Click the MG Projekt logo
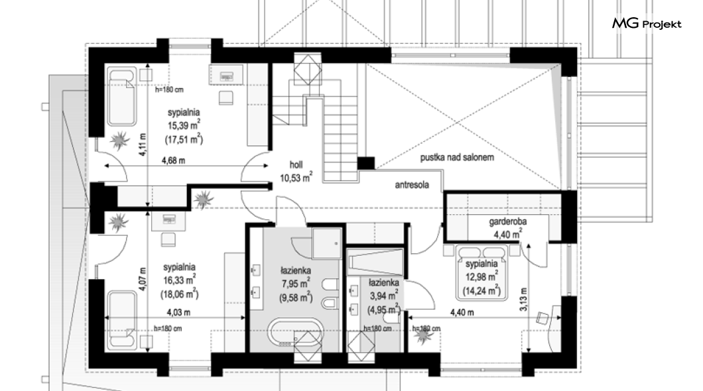[x=647, y=23]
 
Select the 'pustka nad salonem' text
[x=457, y=157]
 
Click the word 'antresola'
[x=412, y=184]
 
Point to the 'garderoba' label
[x=507, y=221]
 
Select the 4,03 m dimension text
[x=178, y=312]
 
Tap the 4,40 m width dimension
[x=462, y=312]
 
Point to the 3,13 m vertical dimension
[x=524, y=299]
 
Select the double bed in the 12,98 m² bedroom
[x=482, y=272]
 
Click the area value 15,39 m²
[x=184, y=126]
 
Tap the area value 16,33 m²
[x=179, y=280]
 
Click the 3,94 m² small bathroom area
[x=383, y=296]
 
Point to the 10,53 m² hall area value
[x=296, y=178]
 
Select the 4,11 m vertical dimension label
[x=143, y=145]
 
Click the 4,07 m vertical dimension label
[x=143, y=280]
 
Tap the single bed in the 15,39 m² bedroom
[x=121, y=96]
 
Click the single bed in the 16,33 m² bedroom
[x=121, y=319]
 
